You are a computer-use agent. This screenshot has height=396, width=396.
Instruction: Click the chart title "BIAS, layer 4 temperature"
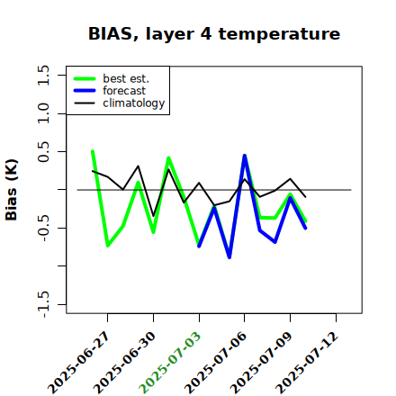(x=214, y=33)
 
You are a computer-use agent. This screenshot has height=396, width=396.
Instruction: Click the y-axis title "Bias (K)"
(x=12, y=190)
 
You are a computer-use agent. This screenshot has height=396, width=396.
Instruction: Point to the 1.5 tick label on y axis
(x=43, y=75)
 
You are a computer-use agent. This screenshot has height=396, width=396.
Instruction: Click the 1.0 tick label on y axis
(x=43, y=113)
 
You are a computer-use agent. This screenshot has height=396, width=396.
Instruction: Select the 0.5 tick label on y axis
(x=43, y=152)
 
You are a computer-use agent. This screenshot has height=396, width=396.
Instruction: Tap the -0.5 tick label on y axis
(x=43, y=228)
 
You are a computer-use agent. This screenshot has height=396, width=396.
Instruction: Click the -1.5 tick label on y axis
(x=43, y=304)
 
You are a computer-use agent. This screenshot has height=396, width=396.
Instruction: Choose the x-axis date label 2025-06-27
(x=78, y=363)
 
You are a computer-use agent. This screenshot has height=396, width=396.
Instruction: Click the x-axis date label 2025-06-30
(x=124, y=363)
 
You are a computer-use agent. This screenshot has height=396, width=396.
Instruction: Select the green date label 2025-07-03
(x=170, y=363)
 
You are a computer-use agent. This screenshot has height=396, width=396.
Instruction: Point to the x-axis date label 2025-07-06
(x=216, y=363)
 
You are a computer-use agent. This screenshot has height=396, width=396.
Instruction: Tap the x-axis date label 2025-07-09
(x=261, y=363)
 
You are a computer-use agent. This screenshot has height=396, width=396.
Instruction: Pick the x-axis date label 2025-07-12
(x=307, y=363)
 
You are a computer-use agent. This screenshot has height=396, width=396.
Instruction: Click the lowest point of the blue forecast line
(x=229, y=257)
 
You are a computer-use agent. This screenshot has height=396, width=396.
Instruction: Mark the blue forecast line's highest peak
(x=245, y=156)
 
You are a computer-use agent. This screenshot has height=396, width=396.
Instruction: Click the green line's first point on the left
(x=93, y=151)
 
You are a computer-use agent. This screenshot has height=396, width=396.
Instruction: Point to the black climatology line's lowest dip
(x=153, y=216)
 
